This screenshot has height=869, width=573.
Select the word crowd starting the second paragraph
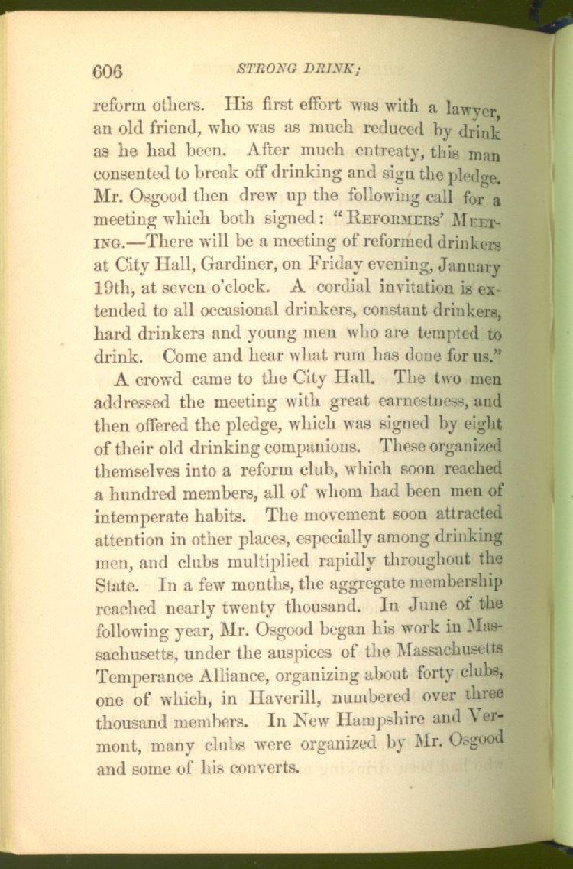pyautogui.click(x=163, y=378)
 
